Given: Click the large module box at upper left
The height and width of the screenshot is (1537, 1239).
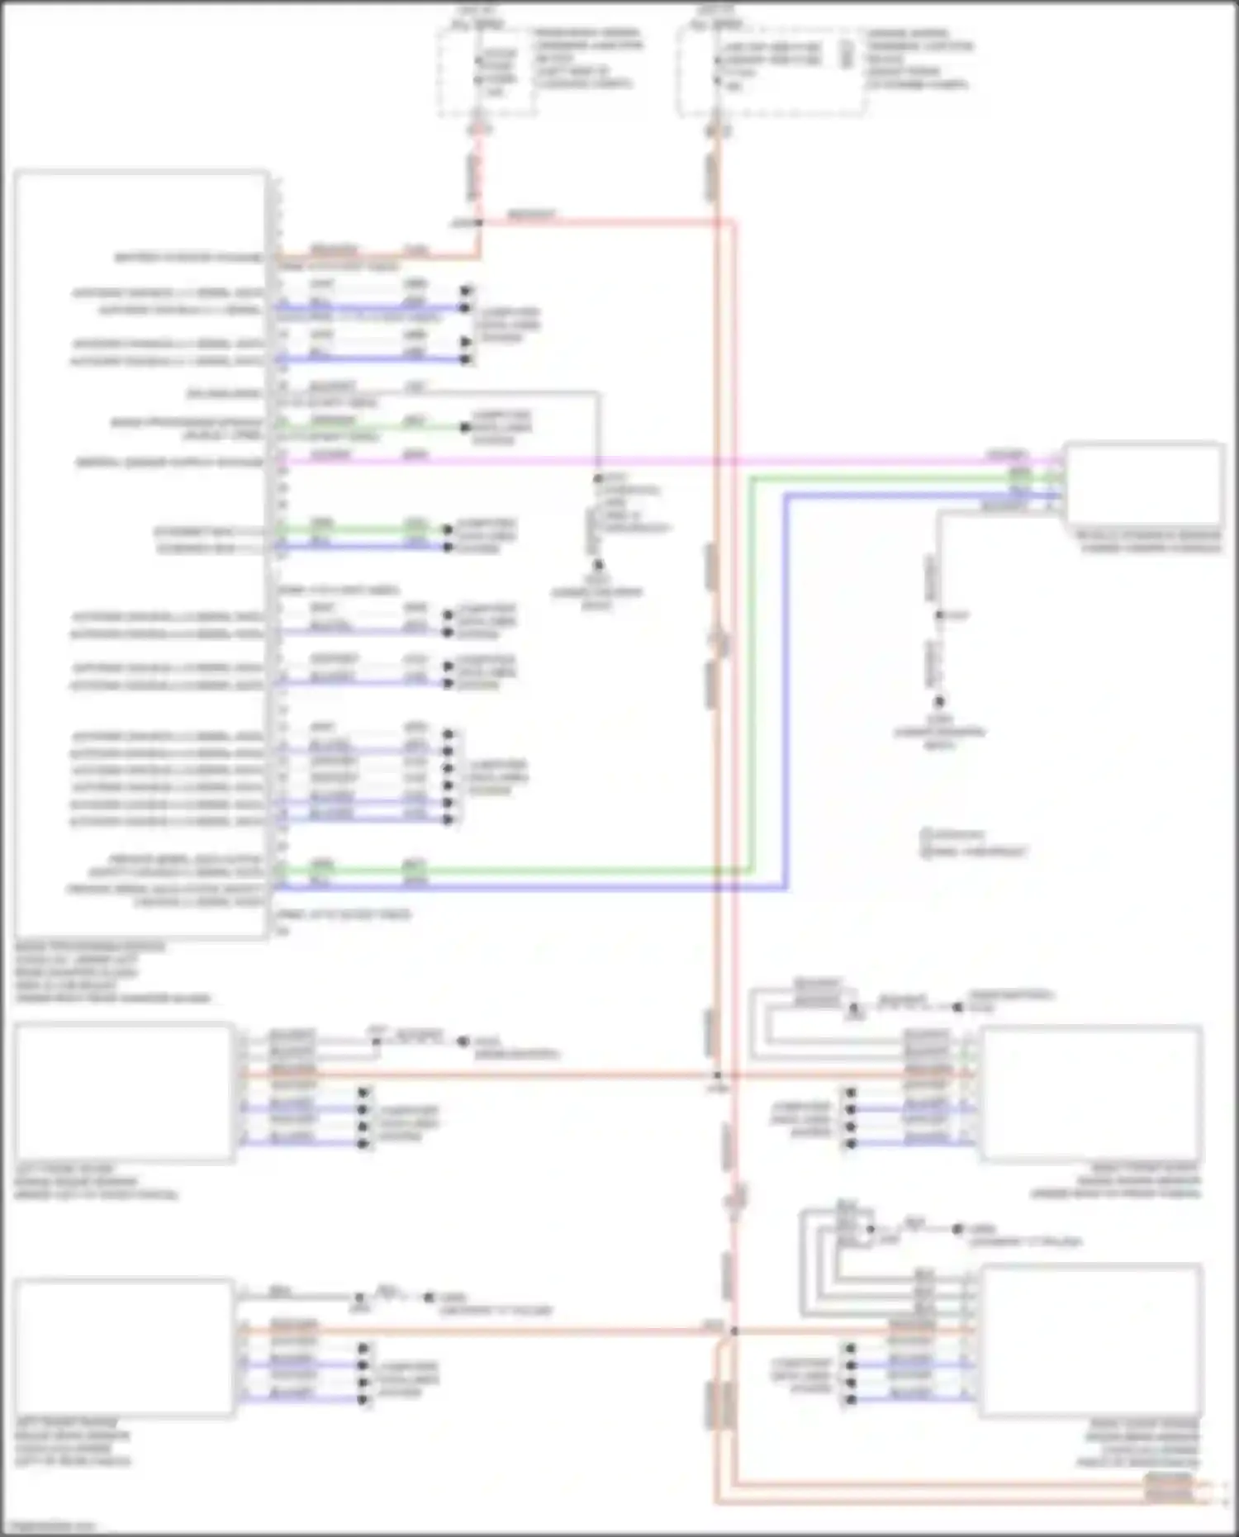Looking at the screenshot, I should click(140, 553).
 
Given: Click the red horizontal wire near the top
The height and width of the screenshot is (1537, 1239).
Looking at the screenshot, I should click(603, 222).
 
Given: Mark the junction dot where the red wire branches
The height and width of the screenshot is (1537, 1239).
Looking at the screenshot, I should click(478, 223).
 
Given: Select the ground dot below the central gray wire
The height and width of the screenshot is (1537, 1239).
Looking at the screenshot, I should click(597, 566).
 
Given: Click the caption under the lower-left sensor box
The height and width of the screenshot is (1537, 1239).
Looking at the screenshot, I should click(73, 1442).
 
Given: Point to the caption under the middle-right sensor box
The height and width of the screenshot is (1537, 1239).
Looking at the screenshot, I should click(1148, 542).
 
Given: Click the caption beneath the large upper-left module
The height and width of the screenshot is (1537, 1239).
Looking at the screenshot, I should click(112, 972).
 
